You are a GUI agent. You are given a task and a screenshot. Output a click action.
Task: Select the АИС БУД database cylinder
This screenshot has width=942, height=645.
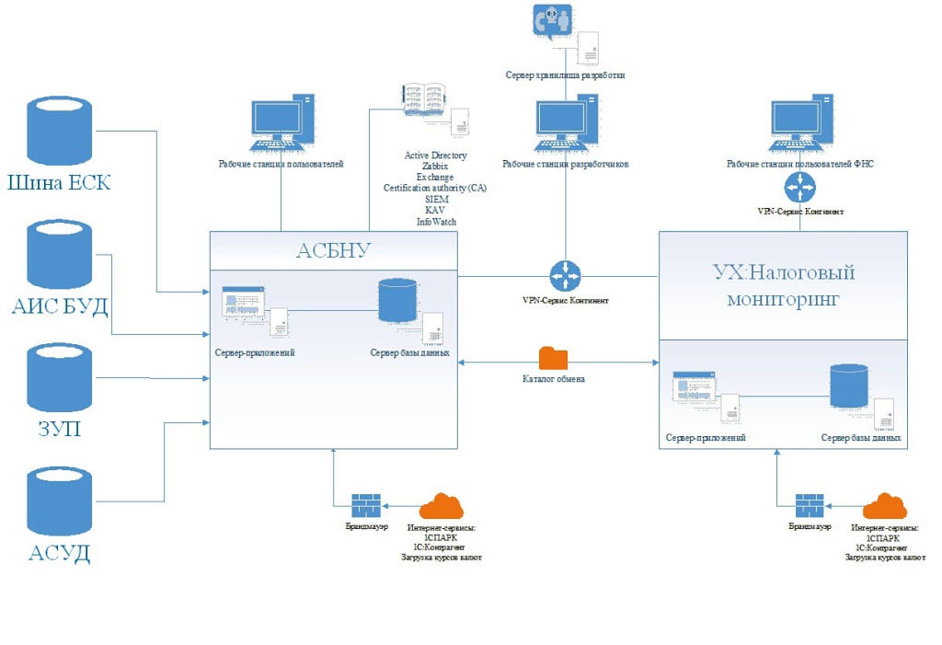[x=60, y=254]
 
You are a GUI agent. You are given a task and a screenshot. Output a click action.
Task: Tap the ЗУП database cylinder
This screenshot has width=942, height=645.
[x=60, y=377]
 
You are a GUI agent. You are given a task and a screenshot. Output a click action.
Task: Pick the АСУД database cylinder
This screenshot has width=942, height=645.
[x=60, y=501]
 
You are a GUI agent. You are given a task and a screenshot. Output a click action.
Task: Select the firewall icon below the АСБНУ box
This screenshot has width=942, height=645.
[x=366, y=505]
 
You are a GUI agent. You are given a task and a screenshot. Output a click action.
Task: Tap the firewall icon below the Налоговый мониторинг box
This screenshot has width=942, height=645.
[x=810, y=505]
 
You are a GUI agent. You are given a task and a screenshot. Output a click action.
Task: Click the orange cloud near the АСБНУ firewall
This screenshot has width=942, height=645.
[x=441, y=506]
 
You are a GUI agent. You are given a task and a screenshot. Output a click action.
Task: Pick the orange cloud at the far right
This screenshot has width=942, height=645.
[x=884, y=506]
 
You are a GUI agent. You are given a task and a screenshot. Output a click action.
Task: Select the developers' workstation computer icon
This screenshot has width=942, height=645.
[x=566, y=122]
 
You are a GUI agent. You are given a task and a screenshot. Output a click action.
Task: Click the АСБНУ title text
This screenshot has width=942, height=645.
[x=333, y=251]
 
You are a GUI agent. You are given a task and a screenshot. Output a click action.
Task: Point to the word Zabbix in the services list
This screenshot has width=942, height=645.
[x=436, y=167]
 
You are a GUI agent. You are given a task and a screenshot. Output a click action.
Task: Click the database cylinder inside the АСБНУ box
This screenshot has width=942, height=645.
[x=397, y=300]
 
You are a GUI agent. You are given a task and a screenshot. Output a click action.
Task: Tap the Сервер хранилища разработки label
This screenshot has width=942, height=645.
[x=565, y=75]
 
